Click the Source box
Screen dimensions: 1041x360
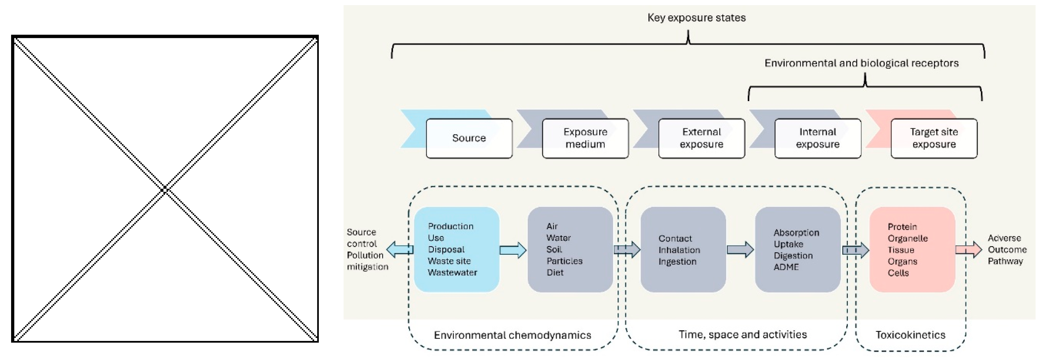pyautogui.click(x=469, y=138)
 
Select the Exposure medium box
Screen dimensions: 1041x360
pyautogui.click(x=585, y=138)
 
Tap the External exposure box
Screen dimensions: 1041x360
pyautogui.click(x=701, y=138)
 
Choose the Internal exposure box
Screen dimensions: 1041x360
pyautogui.click(x=818, y=138)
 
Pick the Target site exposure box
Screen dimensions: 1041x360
pyautogui.click(x=934, y=138)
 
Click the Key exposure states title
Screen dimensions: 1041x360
pyautogui.click(x=697, y=18)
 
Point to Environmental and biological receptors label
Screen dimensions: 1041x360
pyautogui.click(x=862, y=63)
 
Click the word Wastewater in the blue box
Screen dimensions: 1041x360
pyautogui.click(x=452, y=272)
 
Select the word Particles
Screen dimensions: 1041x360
pyautogui.click(x=564, y=261)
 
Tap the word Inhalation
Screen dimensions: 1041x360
pyautogui.click(x=679, y=250)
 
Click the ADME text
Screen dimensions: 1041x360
pyautogui.click(x=786, y=267)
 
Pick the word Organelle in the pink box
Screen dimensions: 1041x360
pyautogui.click(x=908, y=238)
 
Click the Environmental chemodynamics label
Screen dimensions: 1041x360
pyautogui.click(x=512, y=335)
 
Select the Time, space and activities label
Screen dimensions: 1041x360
pyautogui.click(x=743, y=335)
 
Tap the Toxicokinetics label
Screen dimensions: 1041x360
pyautogui.click(x=910, y=335)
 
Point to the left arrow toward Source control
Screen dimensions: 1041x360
pyautogui.click(x=400, y=250)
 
